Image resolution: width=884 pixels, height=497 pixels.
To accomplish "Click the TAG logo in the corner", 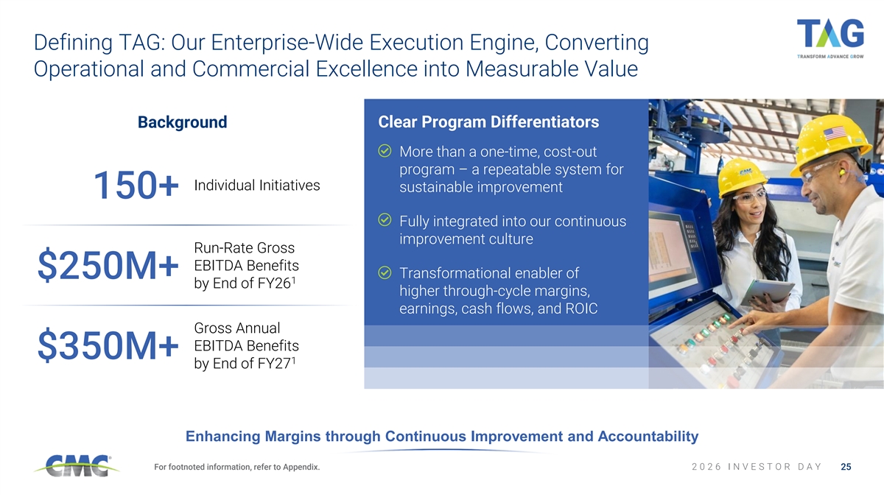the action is point(830,38).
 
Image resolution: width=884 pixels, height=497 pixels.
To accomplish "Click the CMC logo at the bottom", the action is point(77,465).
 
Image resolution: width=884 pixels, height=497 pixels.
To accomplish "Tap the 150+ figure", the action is point(136,185).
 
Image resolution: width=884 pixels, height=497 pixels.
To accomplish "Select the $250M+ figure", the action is point(108,266).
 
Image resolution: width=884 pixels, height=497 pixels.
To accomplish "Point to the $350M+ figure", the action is point(108,345).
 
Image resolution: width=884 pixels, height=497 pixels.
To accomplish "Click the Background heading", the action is point(183,122).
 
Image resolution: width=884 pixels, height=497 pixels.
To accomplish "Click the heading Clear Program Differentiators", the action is point(488,122).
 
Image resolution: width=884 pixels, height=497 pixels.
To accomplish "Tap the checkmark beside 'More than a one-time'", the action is point(385,151).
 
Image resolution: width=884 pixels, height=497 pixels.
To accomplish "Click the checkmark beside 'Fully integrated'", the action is point(385,219).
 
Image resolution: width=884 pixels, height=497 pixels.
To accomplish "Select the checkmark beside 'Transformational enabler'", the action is point(385,272).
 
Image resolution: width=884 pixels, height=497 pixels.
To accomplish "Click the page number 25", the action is point(846,467).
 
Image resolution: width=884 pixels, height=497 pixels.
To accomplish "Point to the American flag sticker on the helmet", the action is point(835,133).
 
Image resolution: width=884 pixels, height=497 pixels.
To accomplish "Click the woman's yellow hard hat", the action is point(742,176).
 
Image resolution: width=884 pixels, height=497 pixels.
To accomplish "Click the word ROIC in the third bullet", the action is point(581,309).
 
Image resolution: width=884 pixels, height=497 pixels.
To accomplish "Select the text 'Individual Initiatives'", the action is point(257,186).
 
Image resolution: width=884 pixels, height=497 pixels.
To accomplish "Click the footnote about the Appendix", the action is point(236,467).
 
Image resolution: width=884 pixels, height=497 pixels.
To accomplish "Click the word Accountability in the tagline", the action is point(648,436).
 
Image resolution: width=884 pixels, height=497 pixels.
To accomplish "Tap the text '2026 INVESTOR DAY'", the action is point(757,467).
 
